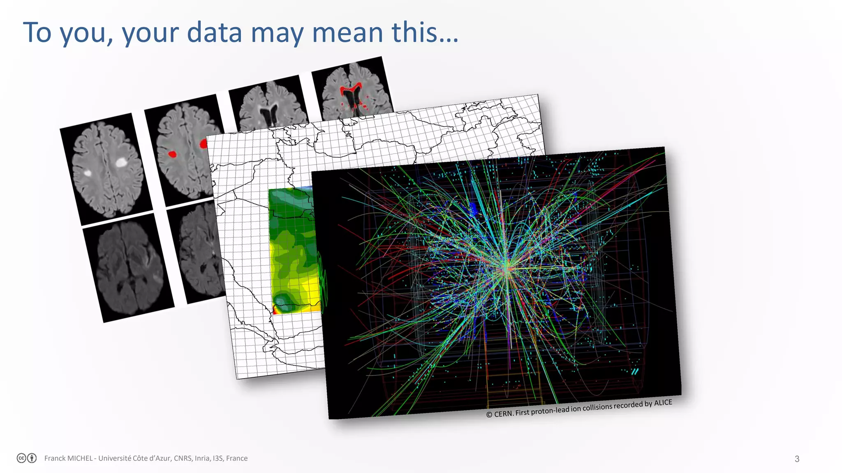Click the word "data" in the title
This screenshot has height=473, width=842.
point(214,32)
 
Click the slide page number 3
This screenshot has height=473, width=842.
point(797,459)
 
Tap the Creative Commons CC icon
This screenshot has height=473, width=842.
point(22,458)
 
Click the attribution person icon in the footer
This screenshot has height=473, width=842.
point(32,458)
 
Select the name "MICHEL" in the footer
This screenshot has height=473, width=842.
point(78,458)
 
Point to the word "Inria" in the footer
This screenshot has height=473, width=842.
point(202,458)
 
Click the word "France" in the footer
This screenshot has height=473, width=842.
point(237,458)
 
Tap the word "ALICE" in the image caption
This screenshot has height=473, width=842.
point(663,403)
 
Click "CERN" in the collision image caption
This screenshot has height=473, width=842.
point(503,413)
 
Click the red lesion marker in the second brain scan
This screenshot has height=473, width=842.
point(172,154)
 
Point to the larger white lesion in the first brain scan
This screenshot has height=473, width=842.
point(120,162)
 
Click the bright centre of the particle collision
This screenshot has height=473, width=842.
point(507,269)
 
